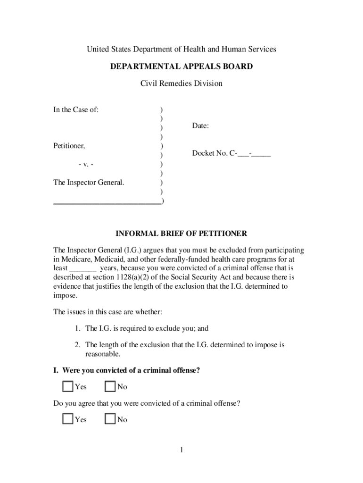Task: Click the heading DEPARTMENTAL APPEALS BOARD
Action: pos(181,67)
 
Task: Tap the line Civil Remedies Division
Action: pos(181,84)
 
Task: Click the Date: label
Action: pos(200,126)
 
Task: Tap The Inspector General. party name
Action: pos(89,182)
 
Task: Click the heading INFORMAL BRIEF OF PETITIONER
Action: pos(181,233)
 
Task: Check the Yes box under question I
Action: pos(68,387)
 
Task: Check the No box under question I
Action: pos(110,387)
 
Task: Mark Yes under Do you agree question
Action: pos(68,419)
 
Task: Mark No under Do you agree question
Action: pos(110,419)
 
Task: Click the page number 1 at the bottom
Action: pos(181,450)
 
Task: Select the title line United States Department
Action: pos(181,49)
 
